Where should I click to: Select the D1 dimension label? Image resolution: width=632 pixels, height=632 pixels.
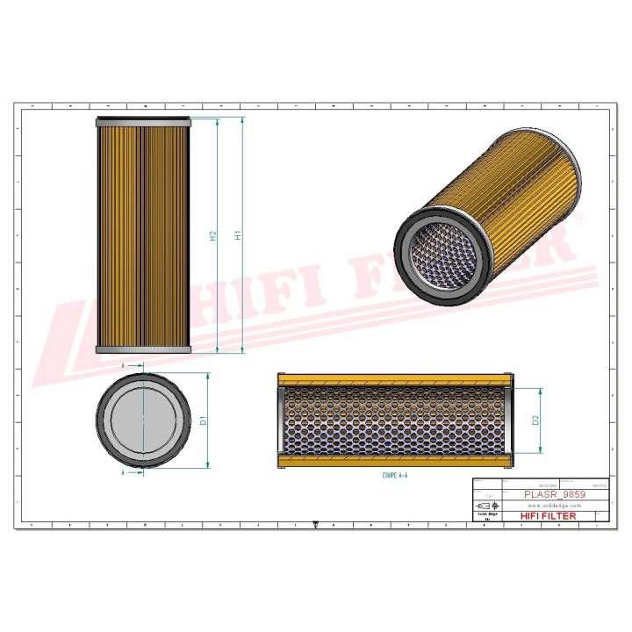click(203, 420)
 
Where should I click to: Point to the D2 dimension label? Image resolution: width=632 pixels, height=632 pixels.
click(535, 420)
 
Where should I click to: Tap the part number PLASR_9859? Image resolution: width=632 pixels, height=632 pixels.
click(554, 494)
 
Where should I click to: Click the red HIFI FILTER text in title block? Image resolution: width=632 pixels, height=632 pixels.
click(549, 516)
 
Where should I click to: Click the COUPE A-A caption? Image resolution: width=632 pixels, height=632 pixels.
click(394, 475)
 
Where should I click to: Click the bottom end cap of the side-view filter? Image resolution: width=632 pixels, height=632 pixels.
click(142, 349)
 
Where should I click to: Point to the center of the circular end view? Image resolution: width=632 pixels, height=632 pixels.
click(142, 419)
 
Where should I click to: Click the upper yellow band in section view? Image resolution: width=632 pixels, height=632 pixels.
click(394, 378)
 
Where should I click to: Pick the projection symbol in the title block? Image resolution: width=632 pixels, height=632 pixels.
click(485, 506)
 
